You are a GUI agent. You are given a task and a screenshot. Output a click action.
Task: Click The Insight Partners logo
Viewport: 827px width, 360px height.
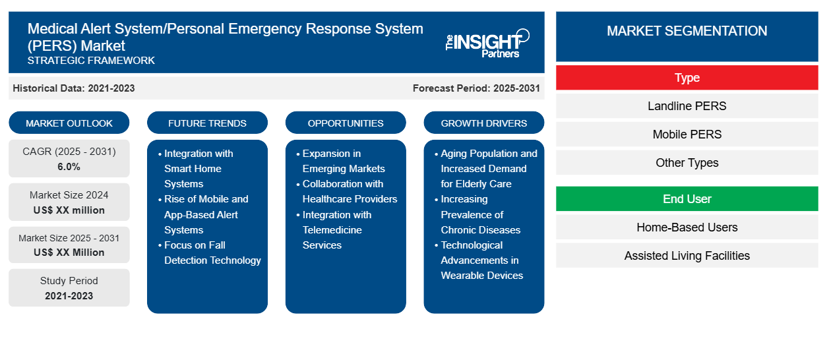[x=486, y=43]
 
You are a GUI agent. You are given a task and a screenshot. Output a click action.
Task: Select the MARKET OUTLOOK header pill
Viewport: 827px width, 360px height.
[x=69, y=123]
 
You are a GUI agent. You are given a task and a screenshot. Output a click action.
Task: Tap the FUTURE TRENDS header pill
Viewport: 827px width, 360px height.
[x=207, y=123]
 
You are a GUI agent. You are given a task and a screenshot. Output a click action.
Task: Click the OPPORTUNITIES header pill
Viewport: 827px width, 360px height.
[x=346, y=123]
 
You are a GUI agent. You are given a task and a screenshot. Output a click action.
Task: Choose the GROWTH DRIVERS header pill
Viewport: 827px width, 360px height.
[x=484, y=123]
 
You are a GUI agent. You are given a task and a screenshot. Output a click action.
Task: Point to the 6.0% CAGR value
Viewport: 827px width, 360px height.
[x=69, y=167]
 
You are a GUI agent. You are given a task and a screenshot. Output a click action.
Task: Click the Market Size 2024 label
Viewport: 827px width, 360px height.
[x=69, y=195]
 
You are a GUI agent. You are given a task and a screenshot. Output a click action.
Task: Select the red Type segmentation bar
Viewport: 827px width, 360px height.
[x=687, y=78]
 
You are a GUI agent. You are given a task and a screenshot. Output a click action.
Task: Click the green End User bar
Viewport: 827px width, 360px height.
[x=687, y=199]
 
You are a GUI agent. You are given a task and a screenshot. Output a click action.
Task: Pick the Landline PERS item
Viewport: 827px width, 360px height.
[x=687, y=106]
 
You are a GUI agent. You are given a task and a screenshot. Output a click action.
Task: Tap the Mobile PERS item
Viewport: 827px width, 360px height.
[x=687, y=135]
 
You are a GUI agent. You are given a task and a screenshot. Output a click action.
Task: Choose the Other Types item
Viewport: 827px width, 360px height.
[x=687, y=163]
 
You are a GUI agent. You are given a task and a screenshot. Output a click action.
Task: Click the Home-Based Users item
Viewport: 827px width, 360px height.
[x=687, y=227]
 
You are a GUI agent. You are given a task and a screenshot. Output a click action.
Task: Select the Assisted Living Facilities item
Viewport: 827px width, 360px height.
[x=687, y=256]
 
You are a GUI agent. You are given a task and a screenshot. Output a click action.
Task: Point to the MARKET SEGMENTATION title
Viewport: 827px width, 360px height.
[x=687, y=31]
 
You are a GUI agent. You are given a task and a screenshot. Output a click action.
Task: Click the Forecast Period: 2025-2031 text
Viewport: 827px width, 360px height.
[x=476, y=88]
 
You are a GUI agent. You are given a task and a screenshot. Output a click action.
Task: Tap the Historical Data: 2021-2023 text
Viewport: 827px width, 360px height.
[x=74, y=88]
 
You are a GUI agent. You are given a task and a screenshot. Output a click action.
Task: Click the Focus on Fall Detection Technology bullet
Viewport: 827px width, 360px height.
[x=212, y=253]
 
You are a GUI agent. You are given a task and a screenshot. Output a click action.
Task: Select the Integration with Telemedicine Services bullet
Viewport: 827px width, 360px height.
[x=336, y=230]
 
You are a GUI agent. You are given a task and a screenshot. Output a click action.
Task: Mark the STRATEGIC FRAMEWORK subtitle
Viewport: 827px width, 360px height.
[x=91, y=61]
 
